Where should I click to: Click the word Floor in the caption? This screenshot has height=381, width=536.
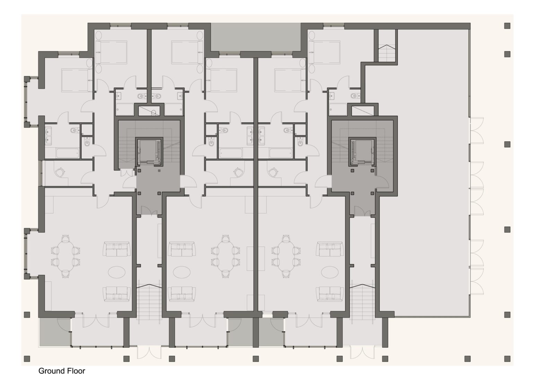click(76, 371)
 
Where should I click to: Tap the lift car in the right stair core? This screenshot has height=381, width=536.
click(362, 152)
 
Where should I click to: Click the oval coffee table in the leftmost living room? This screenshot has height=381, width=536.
click(116, 272)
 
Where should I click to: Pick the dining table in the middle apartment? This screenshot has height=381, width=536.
click(225, 256)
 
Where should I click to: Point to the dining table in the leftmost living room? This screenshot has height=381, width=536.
click(66, 256)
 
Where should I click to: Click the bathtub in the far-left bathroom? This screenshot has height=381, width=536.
click(68, 153)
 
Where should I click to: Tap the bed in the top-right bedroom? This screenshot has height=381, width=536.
click(325, 52)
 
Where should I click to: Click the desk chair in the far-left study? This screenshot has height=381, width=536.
click(60, 172)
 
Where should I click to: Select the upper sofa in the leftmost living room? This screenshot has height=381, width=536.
click(116, 249)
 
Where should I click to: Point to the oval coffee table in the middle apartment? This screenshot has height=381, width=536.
click(182, 272)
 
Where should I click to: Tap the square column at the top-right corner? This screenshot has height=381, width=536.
click(507, 26)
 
